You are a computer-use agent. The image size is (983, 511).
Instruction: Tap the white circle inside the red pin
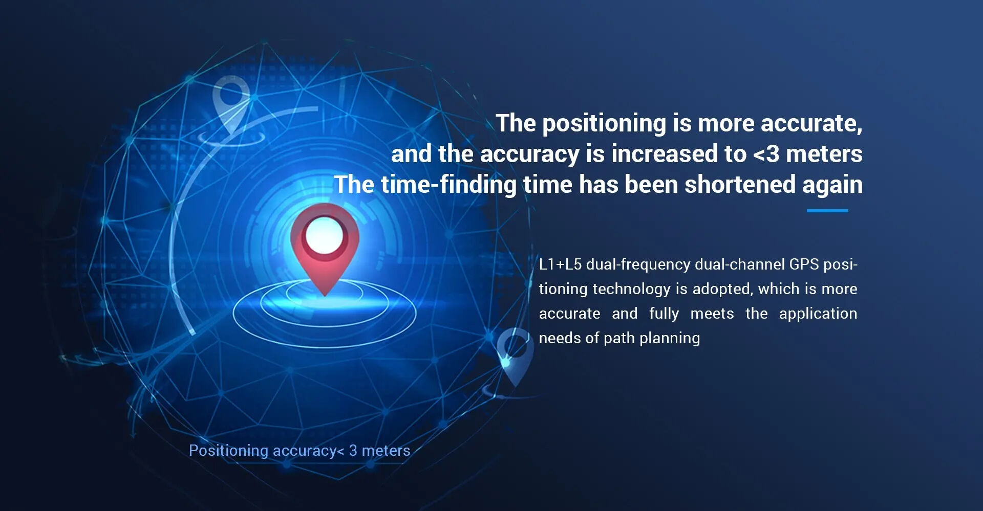pos(325,235)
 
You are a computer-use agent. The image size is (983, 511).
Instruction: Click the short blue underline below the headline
pos(827,210)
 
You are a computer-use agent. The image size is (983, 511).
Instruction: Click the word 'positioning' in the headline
pos(604,124)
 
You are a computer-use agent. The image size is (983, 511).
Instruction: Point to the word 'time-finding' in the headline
pos(448,185)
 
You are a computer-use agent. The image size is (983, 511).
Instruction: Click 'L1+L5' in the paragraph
pos(560,264)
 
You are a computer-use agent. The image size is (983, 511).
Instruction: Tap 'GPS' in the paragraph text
pos(804,264)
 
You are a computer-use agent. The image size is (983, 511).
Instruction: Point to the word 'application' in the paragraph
pos(818,314)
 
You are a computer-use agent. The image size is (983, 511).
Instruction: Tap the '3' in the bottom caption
pos(353,451)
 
